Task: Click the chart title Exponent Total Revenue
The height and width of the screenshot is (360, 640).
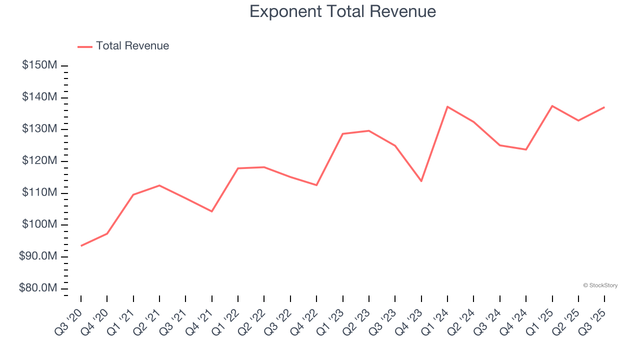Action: [x=342, y=11]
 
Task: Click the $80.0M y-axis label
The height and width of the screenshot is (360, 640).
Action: [x=38, y=288]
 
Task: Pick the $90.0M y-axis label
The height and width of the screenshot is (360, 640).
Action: [x=38, y=257]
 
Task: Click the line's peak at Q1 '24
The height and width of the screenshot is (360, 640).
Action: [x=447, y=106]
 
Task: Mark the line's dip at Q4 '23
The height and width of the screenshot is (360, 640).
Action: [x=421, y=181]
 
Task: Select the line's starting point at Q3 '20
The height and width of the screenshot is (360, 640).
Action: [x=81, y=245]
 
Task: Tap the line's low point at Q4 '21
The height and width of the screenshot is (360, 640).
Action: [x=212, y=211]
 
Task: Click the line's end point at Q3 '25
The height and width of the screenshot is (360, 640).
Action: [x=604, y=107]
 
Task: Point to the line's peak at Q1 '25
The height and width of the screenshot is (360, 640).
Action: [x=552, y=106]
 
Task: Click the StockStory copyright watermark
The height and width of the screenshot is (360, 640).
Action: [x=600, y=285]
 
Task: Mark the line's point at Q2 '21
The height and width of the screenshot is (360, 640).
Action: [x=159, y=185]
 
